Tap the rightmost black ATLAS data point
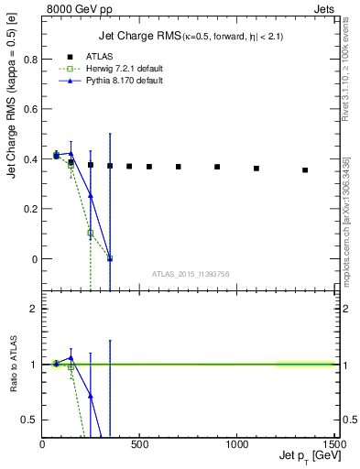[305, 169]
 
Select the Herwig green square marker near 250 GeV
[90, 233]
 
